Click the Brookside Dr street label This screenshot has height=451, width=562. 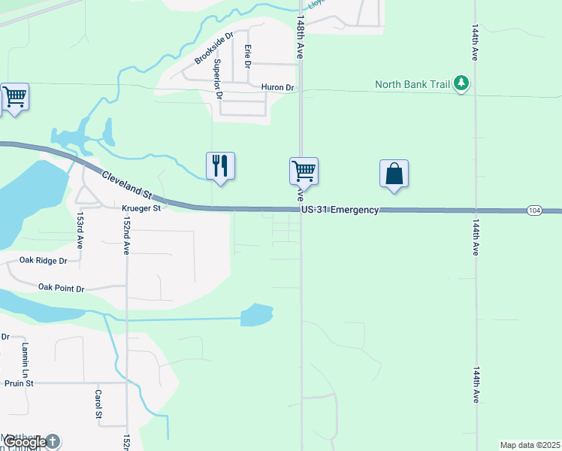[x=214, y=47]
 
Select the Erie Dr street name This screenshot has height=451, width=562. [x=247, y=56]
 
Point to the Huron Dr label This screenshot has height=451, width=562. [x=277, y=88]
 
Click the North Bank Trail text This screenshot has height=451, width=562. [x=412, y=84]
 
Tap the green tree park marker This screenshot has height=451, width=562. [x=462, y=83]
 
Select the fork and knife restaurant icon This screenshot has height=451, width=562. [x=220, y=165]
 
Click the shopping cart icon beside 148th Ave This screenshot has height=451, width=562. [x=304, y=171]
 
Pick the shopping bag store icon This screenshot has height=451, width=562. [x=394, y=173]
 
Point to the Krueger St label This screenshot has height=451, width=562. [x=141, y=208]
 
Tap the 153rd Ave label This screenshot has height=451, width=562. [x=80, y=229]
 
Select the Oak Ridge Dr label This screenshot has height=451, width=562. [x=43, y=262]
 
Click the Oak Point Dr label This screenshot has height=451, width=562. [x=62, y=288]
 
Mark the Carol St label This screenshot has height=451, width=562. [x=98, y=404]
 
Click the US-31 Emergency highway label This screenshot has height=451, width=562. [x=340, y=210]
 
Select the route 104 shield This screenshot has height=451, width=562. [x=533, y=210]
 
